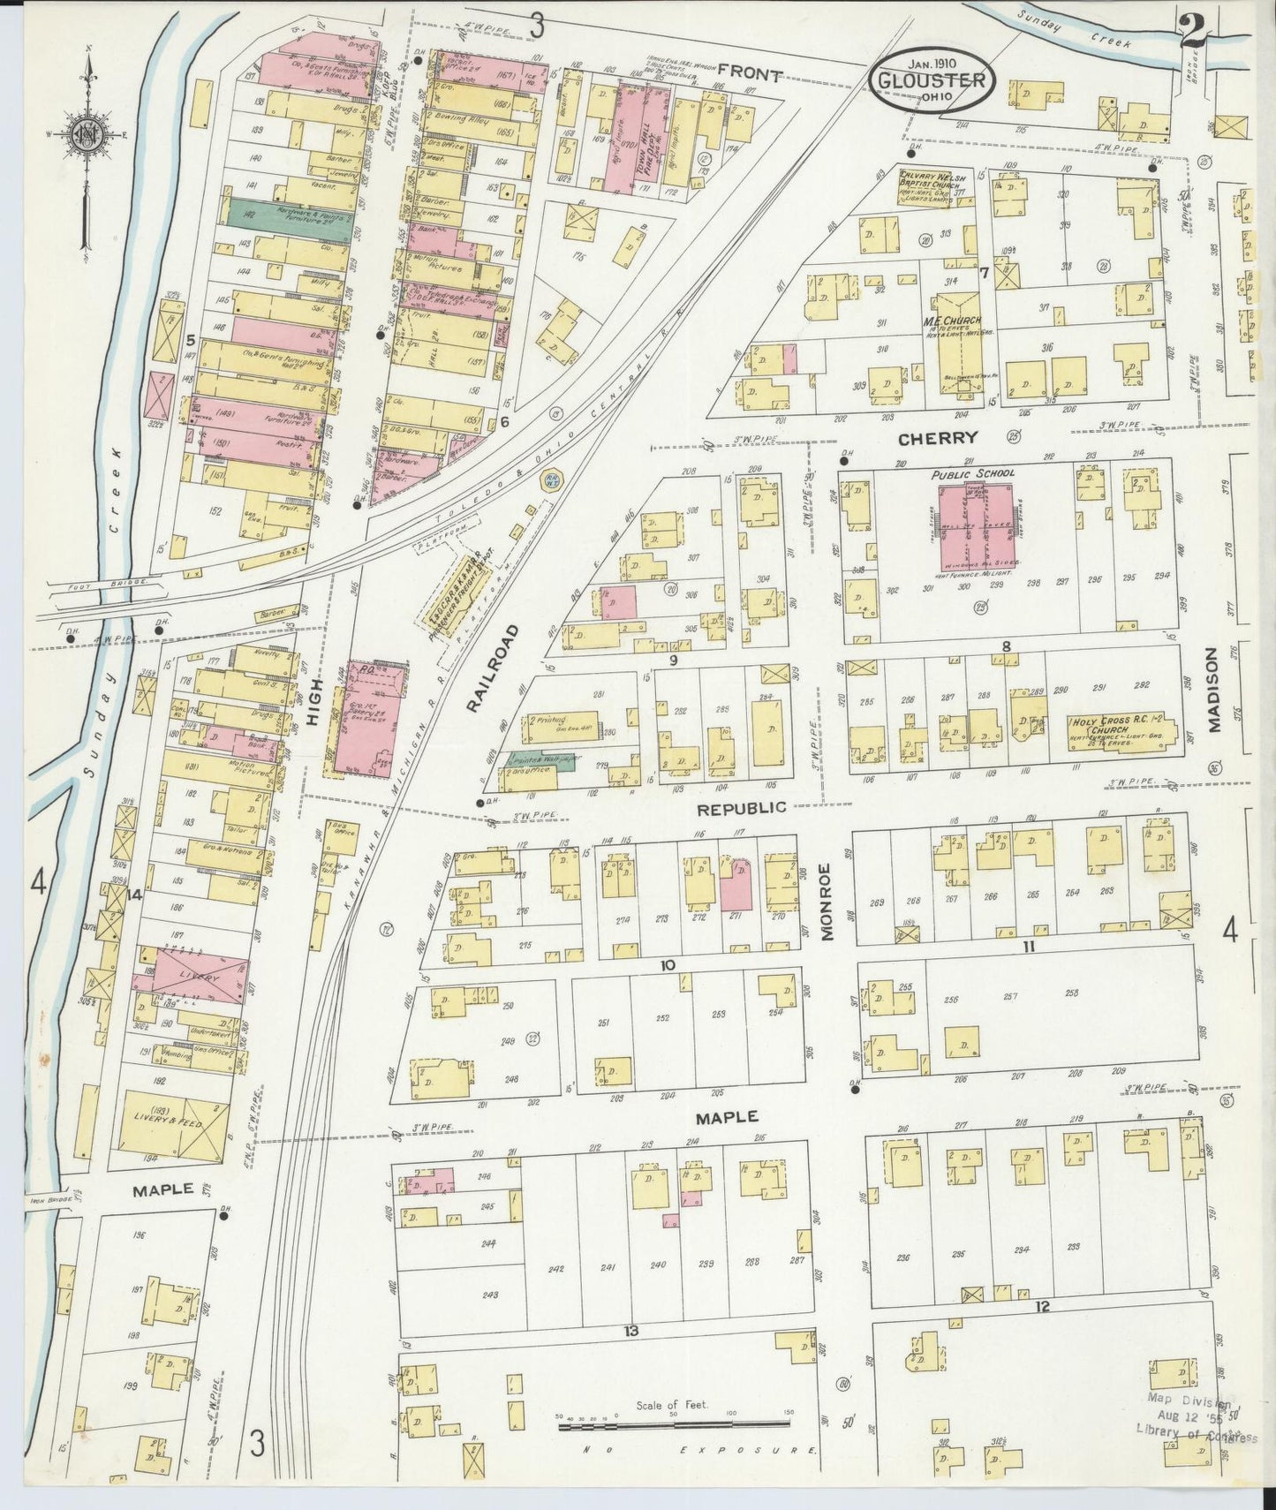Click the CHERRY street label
(x=938, y=437)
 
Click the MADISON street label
(x=1212, y=691)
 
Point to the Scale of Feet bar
(x=673, y=1423)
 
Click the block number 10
(x=668, y=965)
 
